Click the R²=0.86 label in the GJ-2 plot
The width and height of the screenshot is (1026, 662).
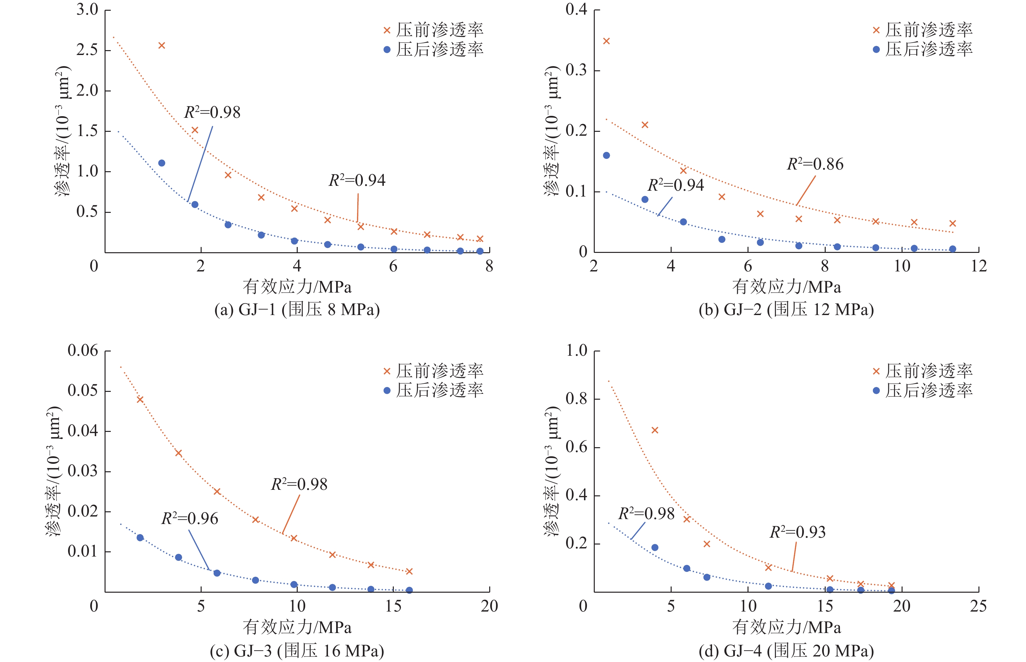[815, 164]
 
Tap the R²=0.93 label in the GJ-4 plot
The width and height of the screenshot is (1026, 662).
[797, 532]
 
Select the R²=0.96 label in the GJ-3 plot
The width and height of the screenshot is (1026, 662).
[189, 519]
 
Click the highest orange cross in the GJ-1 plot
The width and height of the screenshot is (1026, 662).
[162, 46]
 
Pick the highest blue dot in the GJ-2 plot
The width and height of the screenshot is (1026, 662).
[606, 156]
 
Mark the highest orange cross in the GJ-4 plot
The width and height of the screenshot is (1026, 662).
[655, 430]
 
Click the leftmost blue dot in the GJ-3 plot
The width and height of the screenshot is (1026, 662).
[140, 538]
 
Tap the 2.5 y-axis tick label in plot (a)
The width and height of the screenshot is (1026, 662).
[87, 50]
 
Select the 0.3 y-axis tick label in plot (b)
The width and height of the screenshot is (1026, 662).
[576, 70]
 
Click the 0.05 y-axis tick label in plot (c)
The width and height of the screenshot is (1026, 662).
[83, 391]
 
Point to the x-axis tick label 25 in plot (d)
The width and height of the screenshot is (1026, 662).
[978, 606]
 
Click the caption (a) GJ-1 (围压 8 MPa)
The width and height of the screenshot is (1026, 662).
[297, 310]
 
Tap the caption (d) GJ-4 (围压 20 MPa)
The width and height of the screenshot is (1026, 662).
[786, 650]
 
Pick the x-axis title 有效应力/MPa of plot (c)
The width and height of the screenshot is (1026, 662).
[297, 628]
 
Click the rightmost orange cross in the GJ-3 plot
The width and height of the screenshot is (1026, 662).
[409, 571]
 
